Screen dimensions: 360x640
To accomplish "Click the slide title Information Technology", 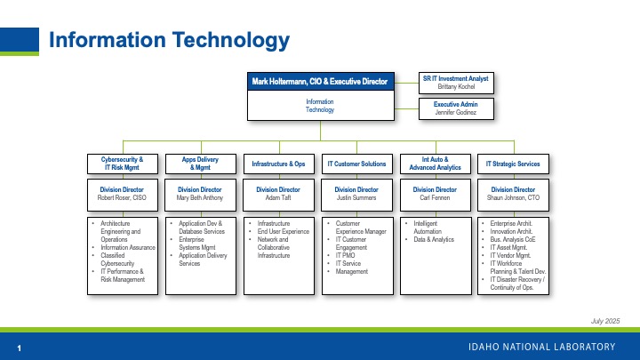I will [169, 40].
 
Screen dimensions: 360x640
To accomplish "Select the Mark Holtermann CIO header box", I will [320, 82].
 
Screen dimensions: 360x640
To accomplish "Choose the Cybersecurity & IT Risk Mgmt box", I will [123, 164].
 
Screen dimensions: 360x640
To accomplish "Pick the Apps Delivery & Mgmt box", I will [200, 164].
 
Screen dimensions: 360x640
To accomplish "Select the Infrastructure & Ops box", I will [278, 164].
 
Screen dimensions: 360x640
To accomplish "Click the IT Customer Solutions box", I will [356, 164].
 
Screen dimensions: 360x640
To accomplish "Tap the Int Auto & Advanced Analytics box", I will [435, 164].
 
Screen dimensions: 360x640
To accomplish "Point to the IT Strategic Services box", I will [513, 164].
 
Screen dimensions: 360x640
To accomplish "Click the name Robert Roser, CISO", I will [123, 198].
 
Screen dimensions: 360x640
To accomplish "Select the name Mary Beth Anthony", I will [200, 198].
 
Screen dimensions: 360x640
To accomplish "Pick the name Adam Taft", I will [278, 198].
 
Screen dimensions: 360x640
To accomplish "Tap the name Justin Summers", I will [356, 198].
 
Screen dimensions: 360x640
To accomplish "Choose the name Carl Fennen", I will [435, 198].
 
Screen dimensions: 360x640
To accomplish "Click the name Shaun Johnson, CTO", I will [513, 198].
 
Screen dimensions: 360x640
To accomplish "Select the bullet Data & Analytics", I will [432, 240].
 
